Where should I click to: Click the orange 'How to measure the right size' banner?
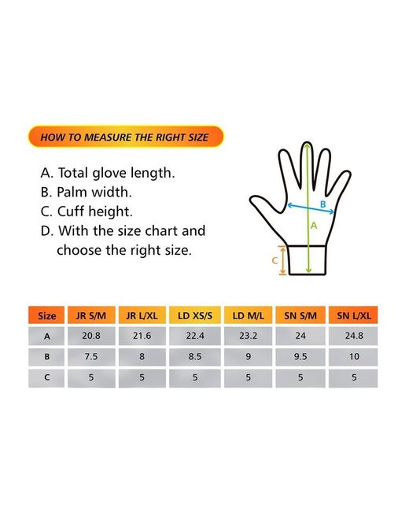pyautogui.click(x=126, y=137)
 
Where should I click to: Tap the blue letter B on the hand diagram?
pyautogui.click(x=323, y=204)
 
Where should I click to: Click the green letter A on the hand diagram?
pyautogui.click(x=314, y=226)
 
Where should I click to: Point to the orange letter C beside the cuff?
pyautogui.click(x=275, y=261)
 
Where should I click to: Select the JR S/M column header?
pyautogui.click(x=91, y=315)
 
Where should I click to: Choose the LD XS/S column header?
pyautogui.click(x=195, y=315)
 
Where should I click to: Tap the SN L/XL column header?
pyautogui.click(x=354, y=315)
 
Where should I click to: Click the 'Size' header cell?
pyautogui.click(x=46, y=315)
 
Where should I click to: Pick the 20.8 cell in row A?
pyautogui.click(x=91, y=336)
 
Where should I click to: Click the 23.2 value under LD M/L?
pyautogui.click(x=249, y=336)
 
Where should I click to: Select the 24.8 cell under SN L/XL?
pyautogui.click(x=354, y=336)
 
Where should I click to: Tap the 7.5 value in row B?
pyautogui.click(x=91, y=357)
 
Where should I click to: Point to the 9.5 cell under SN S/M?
pyautogui.click(x=300, y=357)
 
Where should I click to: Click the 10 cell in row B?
pyautogui.click(x=354, y=357)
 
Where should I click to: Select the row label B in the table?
pyautogui.click(x=46, y=357)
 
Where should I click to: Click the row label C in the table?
pyautogui.click(x=46, y=377)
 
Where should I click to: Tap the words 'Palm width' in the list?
pyautogui.click(x=94, y=192)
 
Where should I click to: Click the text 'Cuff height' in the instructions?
pyautogui.click(x=94, y=211)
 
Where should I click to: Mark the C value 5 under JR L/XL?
pyautogui.click(x=142, y=377)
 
